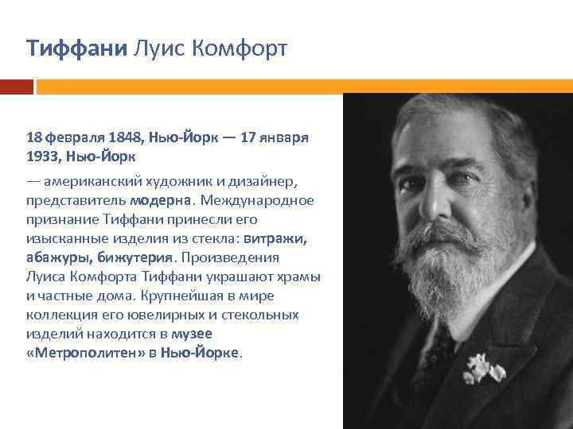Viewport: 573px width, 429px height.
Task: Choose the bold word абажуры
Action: pos(59,257)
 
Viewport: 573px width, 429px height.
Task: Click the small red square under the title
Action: pos(17,86)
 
